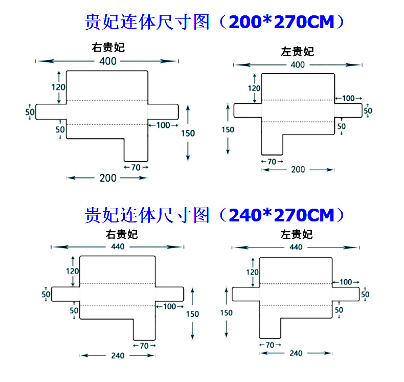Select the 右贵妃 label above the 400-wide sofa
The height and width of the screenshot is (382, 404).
[108, 48]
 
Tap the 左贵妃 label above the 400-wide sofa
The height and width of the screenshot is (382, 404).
[298, 52]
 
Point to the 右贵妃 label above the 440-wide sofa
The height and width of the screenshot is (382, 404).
[122, 235]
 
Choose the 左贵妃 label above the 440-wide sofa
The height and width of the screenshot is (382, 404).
[297, 235]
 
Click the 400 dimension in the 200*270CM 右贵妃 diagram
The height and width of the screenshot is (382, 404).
[107, 61]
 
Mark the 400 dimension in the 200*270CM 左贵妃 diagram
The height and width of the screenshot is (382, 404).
[298, 65]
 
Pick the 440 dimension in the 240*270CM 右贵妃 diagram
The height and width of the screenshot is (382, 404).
[117, 246]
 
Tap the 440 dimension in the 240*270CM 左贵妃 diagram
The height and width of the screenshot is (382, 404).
[296, 247]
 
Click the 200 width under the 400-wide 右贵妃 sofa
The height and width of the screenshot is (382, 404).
[108, 178]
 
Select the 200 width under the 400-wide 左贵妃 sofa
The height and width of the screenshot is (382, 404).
[298, 169]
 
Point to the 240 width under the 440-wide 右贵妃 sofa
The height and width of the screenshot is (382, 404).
[118, 356]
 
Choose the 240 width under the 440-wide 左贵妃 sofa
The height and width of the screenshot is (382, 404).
[296, 353]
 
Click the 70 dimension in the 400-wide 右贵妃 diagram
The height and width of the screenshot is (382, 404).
[136, 167]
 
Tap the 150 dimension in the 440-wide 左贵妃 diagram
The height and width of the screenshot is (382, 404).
[227, 312]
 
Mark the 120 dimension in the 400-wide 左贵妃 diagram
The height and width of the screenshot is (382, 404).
[254, 88]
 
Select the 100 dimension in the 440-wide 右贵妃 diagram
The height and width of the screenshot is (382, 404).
[170, 306]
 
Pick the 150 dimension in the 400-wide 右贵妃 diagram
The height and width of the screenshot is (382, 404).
[188, 133]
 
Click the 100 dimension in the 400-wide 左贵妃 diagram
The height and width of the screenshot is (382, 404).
[348, 98]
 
